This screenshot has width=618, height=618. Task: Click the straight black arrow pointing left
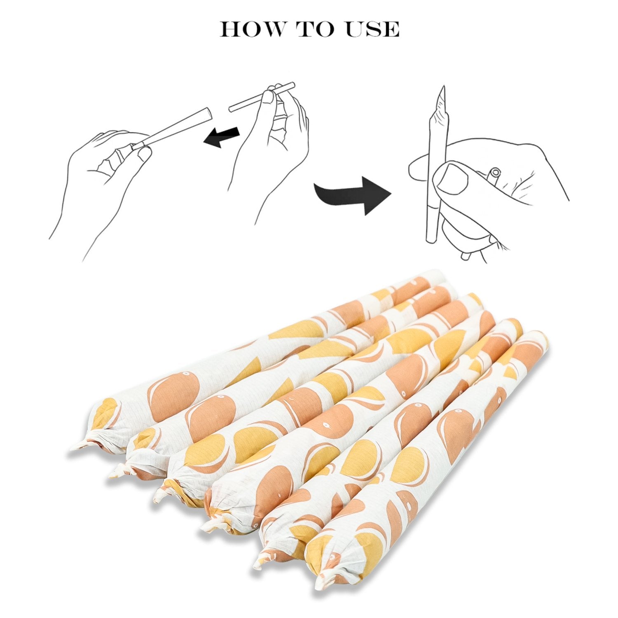[221, 136]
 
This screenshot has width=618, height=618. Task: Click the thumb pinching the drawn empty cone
[145, 154]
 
